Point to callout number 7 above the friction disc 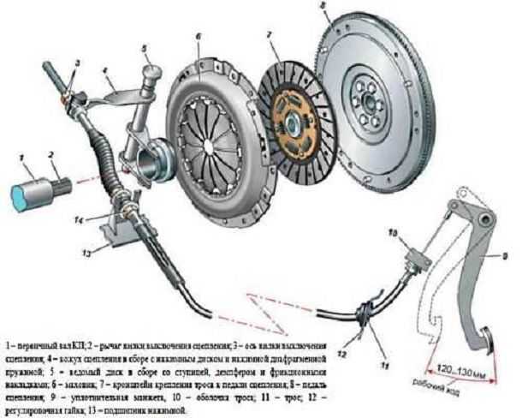(x=268, y=35)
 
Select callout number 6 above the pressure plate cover (x=198, y=37)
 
